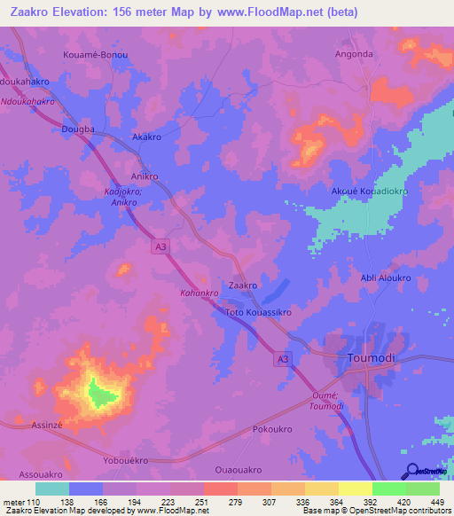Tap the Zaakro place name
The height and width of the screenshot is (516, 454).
(x=243, y=285)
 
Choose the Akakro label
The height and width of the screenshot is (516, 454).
(x=146, y=138)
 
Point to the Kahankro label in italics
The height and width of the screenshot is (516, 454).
(x=200, y=292)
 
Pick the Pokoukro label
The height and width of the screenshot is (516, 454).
(x=272, y=429)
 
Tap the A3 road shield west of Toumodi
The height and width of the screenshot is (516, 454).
(x=281, y=358)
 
